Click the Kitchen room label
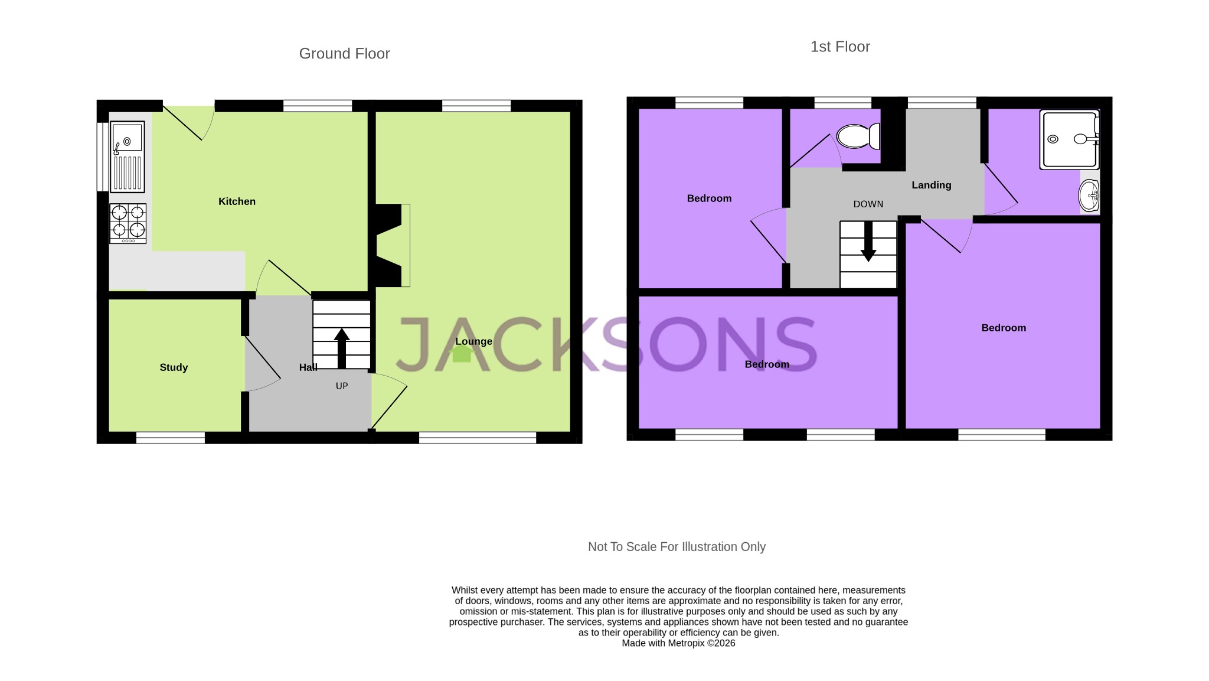(237, 201)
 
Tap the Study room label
(174, 367)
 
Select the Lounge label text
(473, 341)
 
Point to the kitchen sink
(127, 157)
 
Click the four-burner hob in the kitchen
(128, 223)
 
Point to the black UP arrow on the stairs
(342, 348)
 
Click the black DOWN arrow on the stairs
(868, 242)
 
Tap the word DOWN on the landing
(868, 204)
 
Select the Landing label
(931, 185)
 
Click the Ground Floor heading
(344, 54)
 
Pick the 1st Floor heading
(839, 47)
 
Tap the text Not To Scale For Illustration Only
(677, 547)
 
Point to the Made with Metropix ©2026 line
(678, 643)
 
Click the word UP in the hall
(342, 386)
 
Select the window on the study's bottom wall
(171, 438)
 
